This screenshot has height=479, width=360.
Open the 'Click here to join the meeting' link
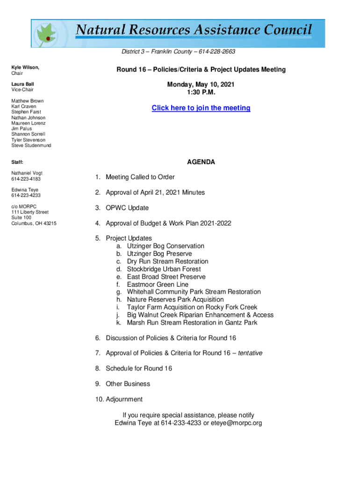201,108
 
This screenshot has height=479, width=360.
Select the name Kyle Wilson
25,68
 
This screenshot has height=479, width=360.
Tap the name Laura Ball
22,84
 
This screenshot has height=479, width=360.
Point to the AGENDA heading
201,162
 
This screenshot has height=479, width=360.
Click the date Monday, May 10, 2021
201,85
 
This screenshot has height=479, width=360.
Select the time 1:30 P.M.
201,93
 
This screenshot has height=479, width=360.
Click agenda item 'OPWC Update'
127,208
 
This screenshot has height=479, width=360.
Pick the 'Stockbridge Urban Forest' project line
164,269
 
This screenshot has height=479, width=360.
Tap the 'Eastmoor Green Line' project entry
158,284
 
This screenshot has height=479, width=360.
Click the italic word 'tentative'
250,353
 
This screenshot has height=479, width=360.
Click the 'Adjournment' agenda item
124,399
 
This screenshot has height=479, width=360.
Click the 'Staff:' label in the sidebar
18,162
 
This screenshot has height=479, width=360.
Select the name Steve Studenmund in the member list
31,145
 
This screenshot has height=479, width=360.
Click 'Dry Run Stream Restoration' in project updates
167,261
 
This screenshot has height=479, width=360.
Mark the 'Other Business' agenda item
128,384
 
